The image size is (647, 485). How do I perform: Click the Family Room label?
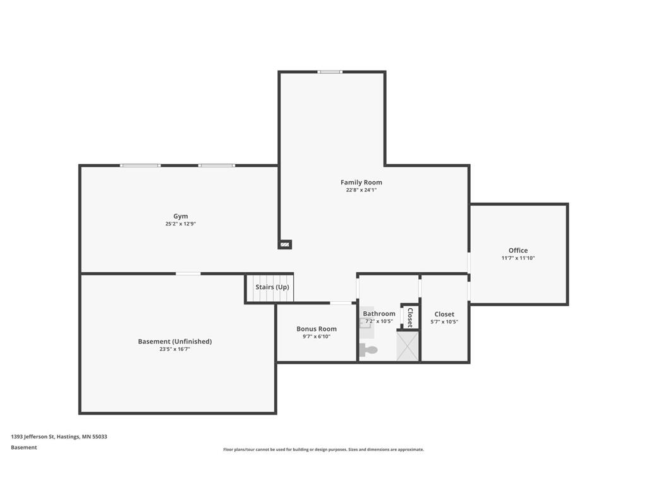pos(361,183)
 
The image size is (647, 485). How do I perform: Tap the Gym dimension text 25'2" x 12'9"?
pos(180,224)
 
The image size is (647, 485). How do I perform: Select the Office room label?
pos(518,250)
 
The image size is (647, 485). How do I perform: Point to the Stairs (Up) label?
pos(272,287)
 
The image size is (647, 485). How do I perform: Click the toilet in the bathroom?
pos(368,350)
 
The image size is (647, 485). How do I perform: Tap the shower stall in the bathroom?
pos(408,346)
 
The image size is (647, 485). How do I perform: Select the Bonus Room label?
pos(317,328)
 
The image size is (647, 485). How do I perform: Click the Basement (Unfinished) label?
pos(175,342)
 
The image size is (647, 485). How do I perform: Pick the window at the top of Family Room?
pos(330,72)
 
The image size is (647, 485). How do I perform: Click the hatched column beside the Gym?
pos(285,244)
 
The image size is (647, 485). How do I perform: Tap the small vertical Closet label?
pos(410,318)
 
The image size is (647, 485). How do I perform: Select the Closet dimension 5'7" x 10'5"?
pos(444,321)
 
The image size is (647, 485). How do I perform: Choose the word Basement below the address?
pos(24,448)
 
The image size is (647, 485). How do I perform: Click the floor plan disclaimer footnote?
pos(323,450)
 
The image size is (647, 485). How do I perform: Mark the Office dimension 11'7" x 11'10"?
pos(518,258)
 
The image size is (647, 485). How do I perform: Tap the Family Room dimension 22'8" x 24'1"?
pos(361,190)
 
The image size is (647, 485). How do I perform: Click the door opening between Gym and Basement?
pos(188,273)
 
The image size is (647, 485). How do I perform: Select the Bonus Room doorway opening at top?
pos(341,303)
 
